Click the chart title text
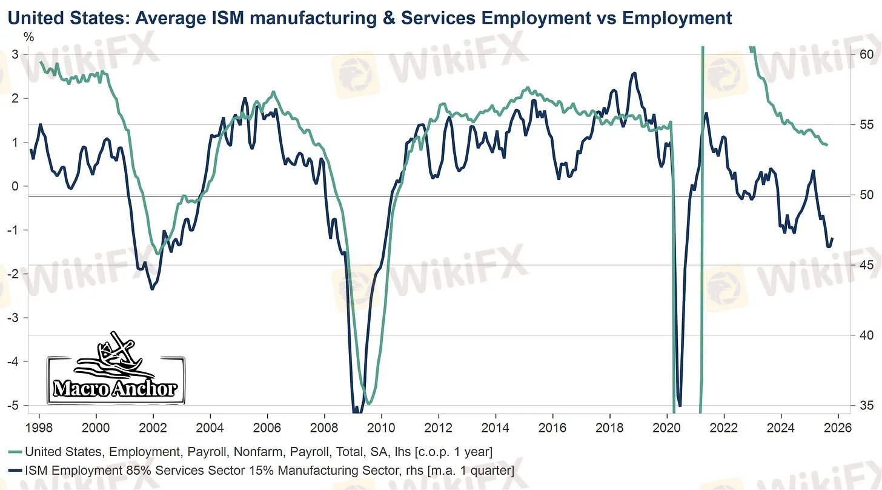click(x=370, y=18)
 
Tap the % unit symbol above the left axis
click(x=28, y=36)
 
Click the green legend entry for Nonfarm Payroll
click(x=248, y=452)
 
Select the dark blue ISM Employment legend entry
click(x=260, y=470)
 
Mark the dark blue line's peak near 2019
click(x=634, y=73)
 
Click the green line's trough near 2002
click(x=158, y=253)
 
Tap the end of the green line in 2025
click(x=827, y=145)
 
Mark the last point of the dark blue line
click(x=833, y=238)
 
